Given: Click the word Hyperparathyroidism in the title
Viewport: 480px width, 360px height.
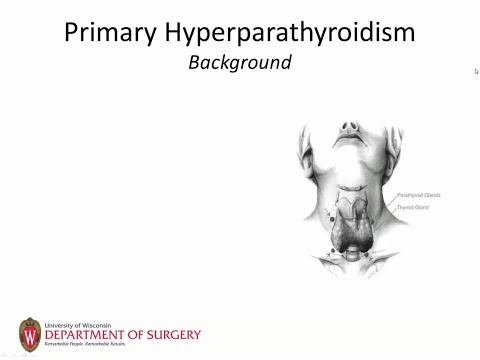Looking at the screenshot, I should click(291, 32).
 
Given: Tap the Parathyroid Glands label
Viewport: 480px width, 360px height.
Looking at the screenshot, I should click(418, 195).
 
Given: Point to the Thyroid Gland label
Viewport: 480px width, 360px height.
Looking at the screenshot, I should click(412, 207).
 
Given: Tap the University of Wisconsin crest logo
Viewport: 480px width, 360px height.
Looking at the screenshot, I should click(30, 332).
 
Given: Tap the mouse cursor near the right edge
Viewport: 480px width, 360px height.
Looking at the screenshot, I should click(476, 71).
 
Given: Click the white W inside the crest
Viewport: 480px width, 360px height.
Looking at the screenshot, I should click(30, 332).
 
